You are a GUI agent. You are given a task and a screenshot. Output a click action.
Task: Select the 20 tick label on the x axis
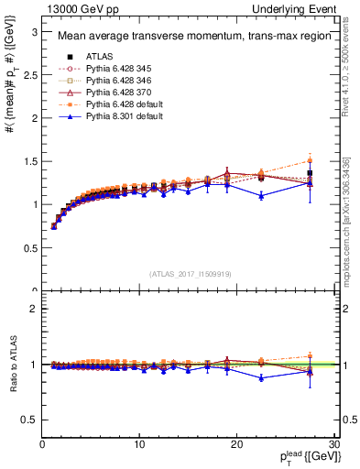[236, 445]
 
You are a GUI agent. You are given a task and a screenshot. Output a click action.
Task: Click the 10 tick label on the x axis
[139, 445]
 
